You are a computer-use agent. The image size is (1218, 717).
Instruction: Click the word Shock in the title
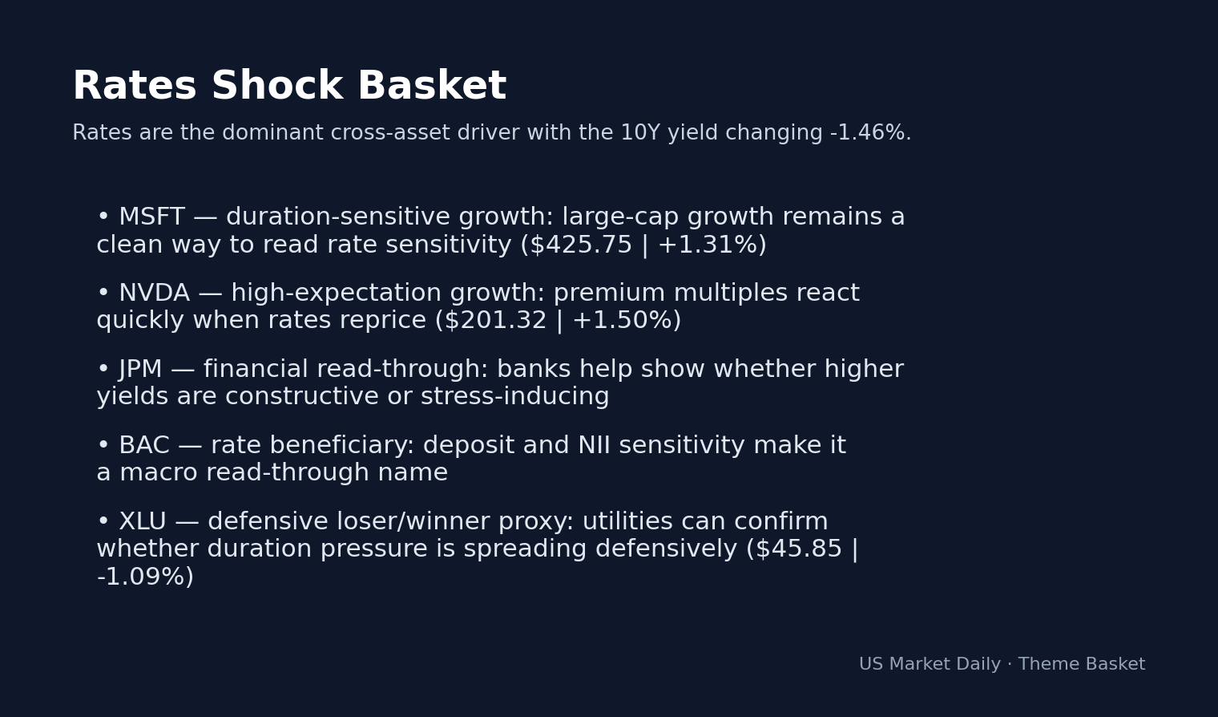276,87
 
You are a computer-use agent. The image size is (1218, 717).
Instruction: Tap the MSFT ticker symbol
151,218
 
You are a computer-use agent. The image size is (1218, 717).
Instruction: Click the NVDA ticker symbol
154,294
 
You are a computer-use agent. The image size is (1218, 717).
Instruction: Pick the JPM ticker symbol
140,371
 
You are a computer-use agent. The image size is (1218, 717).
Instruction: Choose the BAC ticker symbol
144,447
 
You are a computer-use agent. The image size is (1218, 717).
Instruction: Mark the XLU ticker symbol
143,523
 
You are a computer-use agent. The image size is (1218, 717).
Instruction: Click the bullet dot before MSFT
103,218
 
